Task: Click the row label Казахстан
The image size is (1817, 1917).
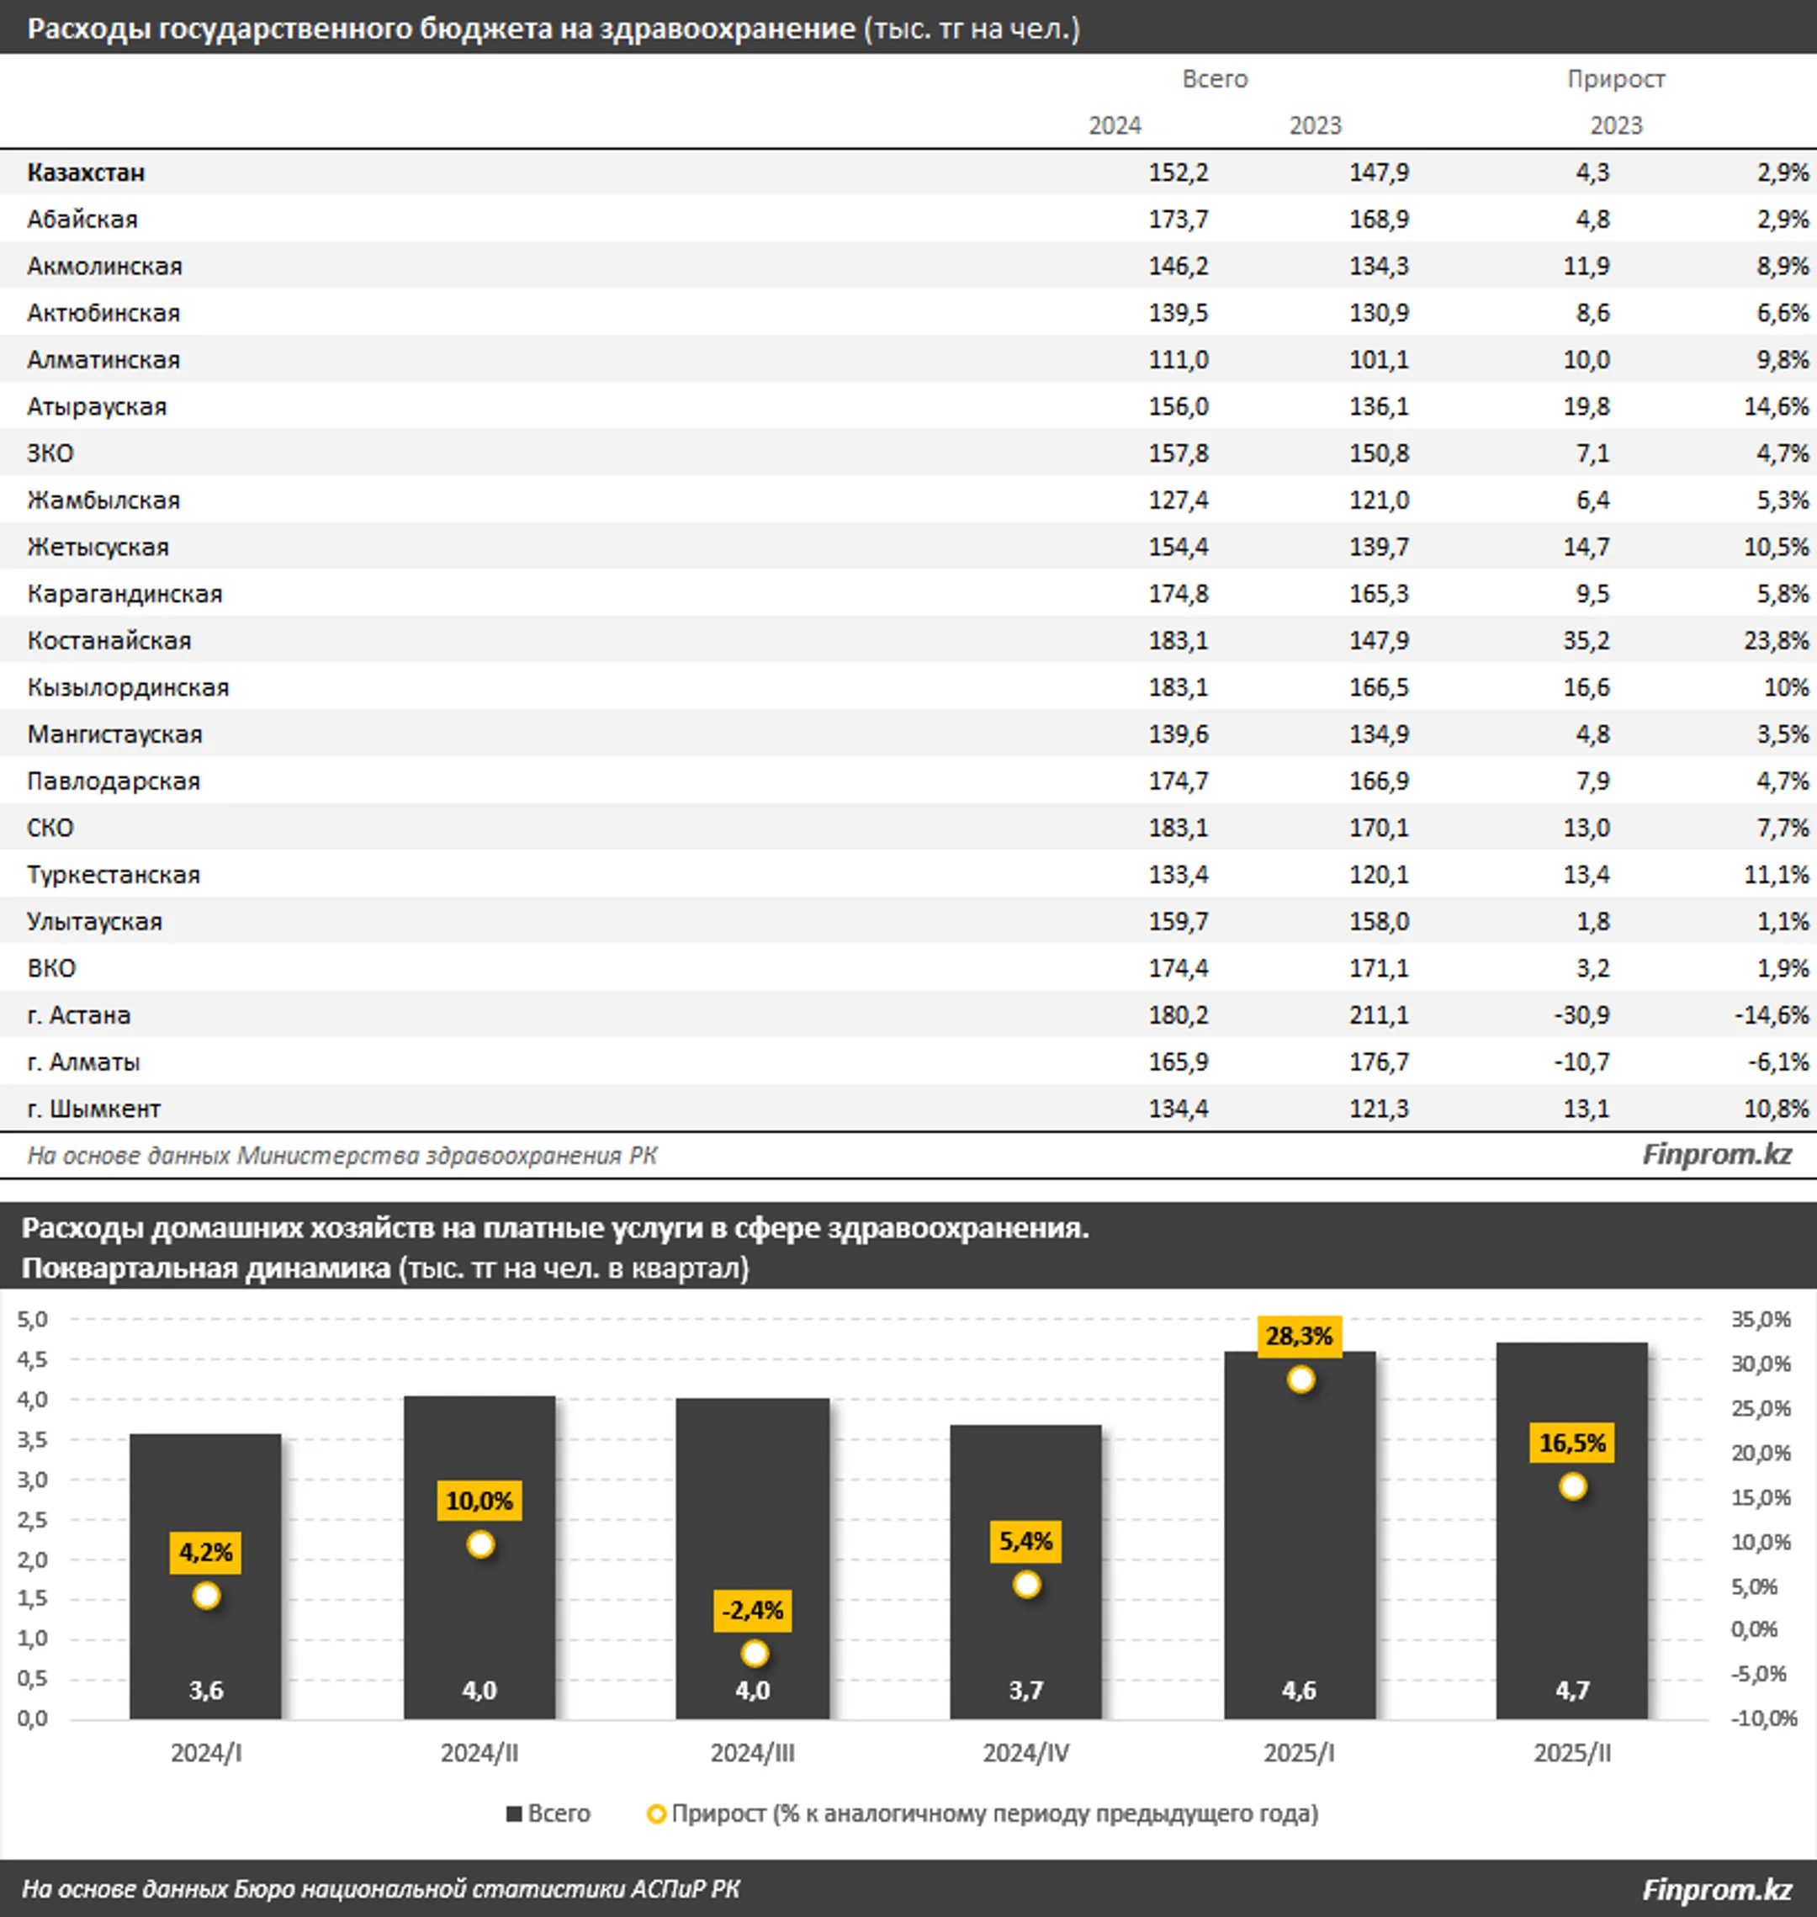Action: coord(86,172)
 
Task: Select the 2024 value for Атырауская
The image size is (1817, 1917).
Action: coord(1178,407)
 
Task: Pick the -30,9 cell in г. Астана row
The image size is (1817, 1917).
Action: coord(1581,1015)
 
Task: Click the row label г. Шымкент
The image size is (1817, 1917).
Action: coord(94,1109)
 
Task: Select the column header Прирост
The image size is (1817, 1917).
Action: coord(1616,79)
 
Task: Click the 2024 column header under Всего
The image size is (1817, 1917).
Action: coord(1115,126)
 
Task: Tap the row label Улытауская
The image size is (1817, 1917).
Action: coord(95,922)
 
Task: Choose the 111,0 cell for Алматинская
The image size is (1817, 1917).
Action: coord(1178,360)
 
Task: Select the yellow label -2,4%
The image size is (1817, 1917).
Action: coord(753,1611)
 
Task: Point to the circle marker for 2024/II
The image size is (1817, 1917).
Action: coord(480,1545)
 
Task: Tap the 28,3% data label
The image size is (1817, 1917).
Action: coord(1299,1337)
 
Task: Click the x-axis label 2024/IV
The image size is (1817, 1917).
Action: coord(1025,1753)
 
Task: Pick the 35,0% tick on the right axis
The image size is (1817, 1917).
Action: coord(1761,1319)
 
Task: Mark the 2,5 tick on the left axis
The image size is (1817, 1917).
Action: coord(32,1520)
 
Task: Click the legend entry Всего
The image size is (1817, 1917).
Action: coord(548,1814)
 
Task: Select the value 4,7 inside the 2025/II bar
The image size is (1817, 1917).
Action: coord(1572,1691)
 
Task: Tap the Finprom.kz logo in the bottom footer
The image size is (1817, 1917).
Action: coord(1716,1889)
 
